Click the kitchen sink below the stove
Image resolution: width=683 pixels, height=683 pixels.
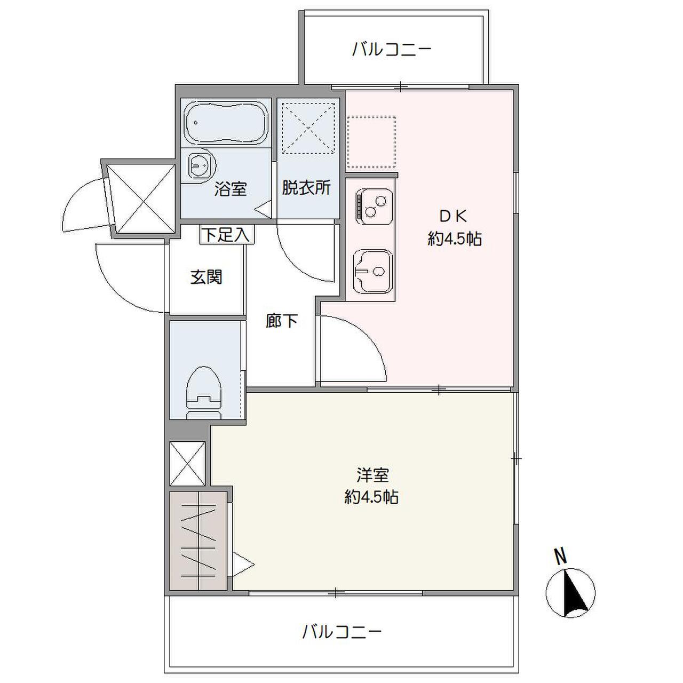(x=371, y=271)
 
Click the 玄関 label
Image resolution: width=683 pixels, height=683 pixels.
(x=206, y=277)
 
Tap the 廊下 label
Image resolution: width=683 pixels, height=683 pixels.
(x=282, y=321)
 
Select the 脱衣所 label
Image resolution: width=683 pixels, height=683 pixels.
(x=306, y=188)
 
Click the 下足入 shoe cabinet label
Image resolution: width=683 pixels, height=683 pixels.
(x=227, y=235)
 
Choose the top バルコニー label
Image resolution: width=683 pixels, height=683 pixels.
(x=391, y=50)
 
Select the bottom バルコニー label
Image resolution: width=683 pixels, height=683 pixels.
(x=342, y=632)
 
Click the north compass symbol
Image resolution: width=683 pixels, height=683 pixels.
(x=570, y=592)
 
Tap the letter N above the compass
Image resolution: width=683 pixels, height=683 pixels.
(x=560, y=557)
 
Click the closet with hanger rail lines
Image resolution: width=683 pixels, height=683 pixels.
(x=198, y=540)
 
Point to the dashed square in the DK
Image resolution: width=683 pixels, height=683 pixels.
(x=371, y=142)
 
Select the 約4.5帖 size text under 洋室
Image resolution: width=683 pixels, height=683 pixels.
(x=371, y=498)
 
